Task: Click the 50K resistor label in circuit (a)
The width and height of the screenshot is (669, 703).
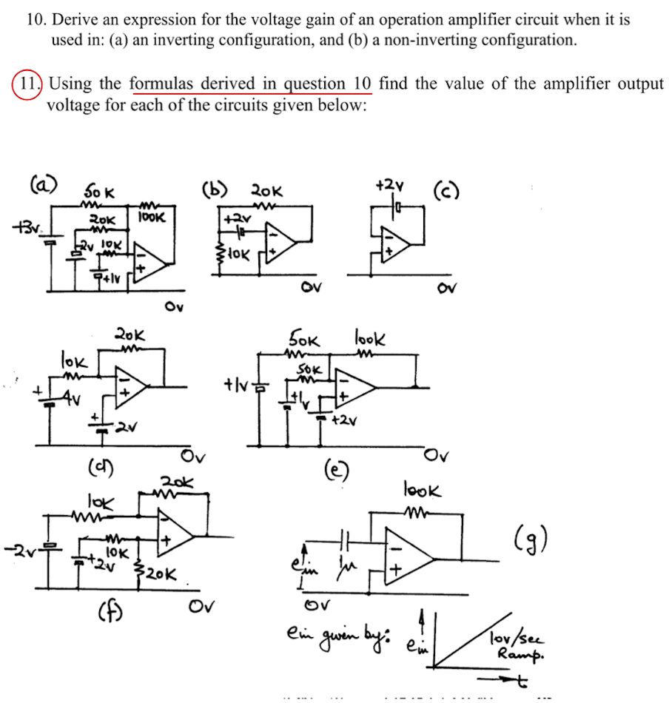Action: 100,193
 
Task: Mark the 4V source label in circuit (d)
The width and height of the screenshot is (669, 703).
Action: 70,401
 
